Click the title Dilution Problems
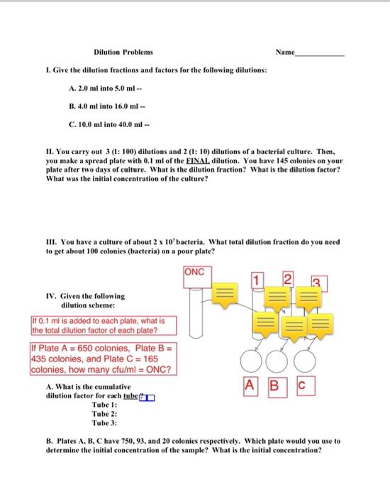click(x=123, y=53)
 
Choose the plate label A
click(x=248, y=387)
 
